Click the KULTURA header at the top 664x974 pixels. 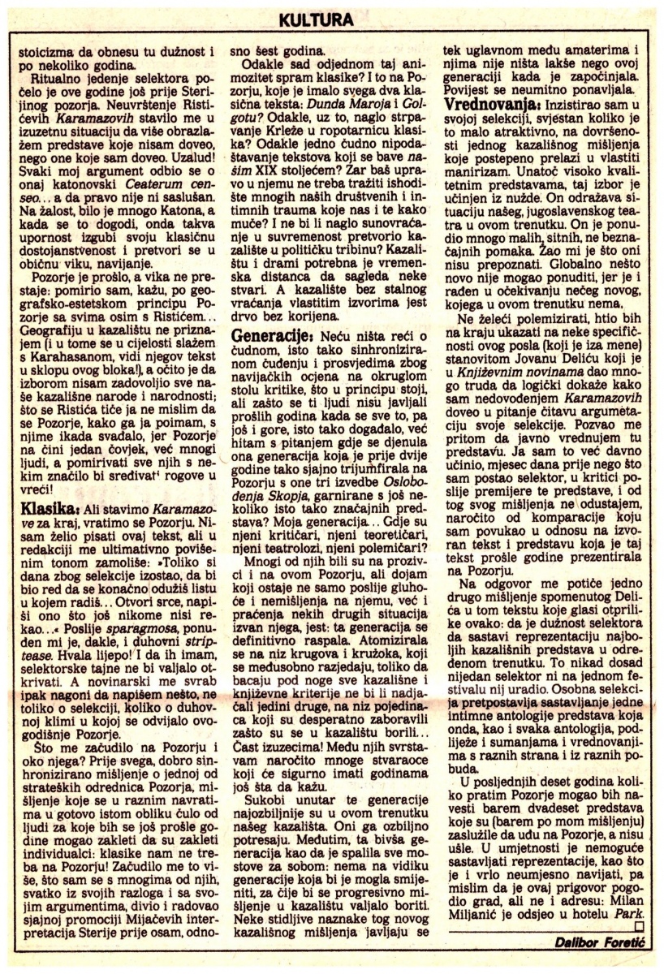(332, 17)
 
